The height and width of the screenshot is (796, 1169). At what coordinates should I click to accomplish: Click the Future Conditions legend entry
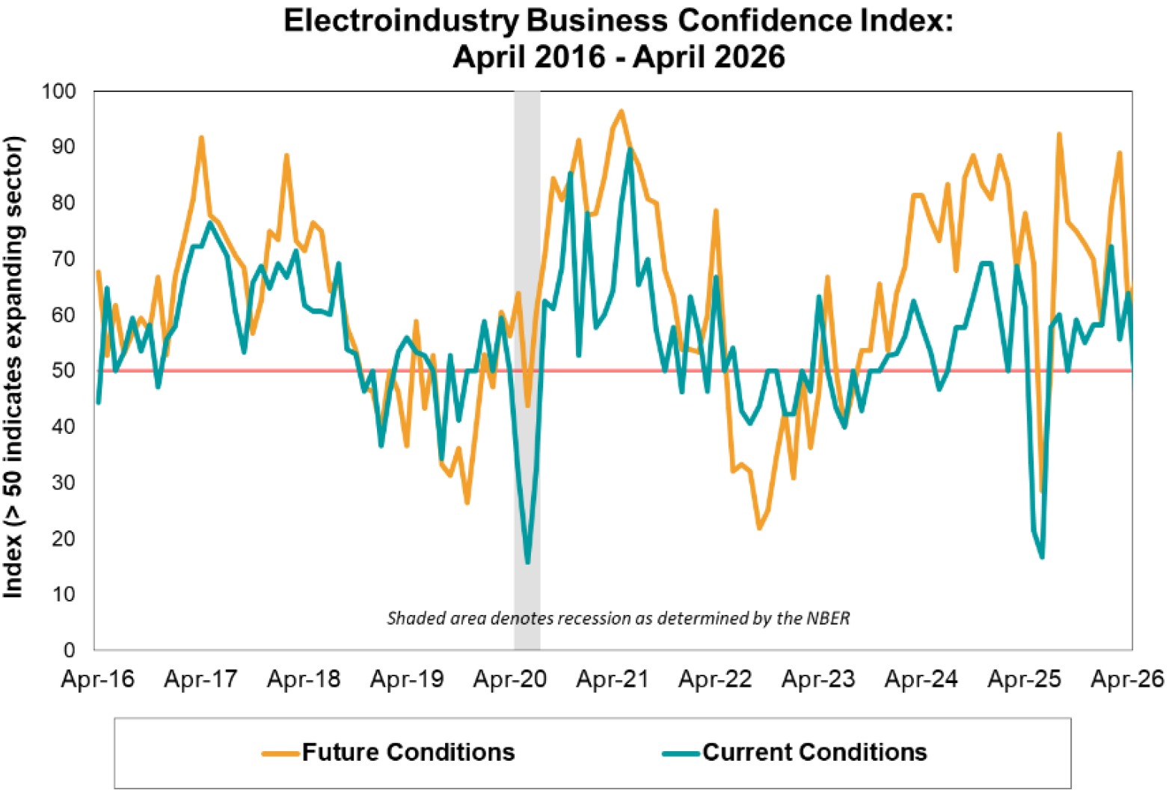click(x=388, y=752)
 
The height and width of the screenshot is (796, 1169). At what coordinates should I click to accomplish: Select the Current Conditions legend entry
click(x=794, y=752)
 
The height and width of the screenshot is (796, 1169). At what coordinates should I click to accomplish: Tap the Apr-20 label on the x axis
click(x=510, y=679)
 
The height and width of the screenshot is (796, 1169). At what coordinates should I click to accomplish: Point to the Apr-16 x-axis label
click(x=98, y=679)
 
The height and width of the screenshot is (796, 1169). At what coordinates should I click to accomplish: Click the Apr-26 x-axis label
click(x=1128, y=679)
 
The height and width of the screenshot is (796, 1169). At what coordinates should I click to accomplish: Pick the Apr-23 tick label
click(x=819, y=679)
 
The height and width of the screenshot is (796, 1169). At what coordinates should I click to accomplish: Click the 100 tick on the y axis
click(x=58, y=91)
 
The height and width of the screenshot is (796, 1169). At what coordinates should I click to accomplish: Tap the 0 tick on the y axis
click(x=70, y=650)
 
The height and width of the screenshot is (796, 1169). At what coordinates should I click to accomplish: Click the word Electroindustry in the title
click(x=402, y=22)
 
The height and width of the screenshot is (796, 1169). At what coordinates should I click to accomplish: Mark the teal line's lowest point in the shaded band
click(x=527, y=563)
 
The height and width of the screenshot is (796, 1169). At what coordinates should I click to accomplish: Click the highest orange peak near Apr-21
click(x=621, y=111)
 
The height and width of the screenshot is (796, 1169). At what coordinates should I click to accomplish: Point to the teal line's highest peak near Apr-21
click(x=630, y=150)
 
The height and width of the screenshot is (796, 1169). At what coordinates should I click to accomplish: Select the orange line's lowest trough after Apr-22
click(x=759, y=528)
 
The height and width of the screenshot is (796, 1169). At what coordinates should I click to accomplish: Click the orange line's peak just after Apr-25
click(x=1059, y=134)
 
